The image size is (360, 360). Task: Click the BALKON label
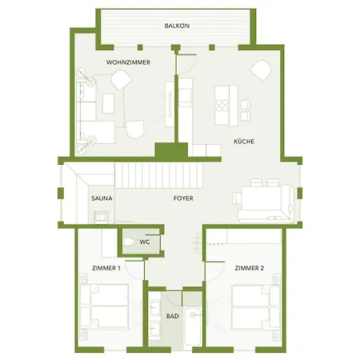pos(177,26)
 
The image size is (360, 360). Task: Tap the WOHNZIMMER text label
pos(129,62)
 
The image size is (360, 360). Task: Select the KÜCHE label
pos(244,142)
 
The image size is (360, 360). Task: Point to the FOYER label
pos(183,198)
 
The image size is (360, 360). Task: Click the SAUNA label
pos(102,196)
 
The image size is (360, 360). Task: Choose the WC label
pos(145,241)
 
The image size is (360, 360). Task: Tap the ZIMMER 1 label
pos(106,268)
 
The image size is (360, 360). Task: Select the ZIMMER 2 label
pos(249,268)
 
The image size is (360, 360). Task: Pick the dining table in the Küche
pos(263,197)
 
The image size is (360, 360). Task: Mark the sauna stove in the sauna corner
pos(102,216)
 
